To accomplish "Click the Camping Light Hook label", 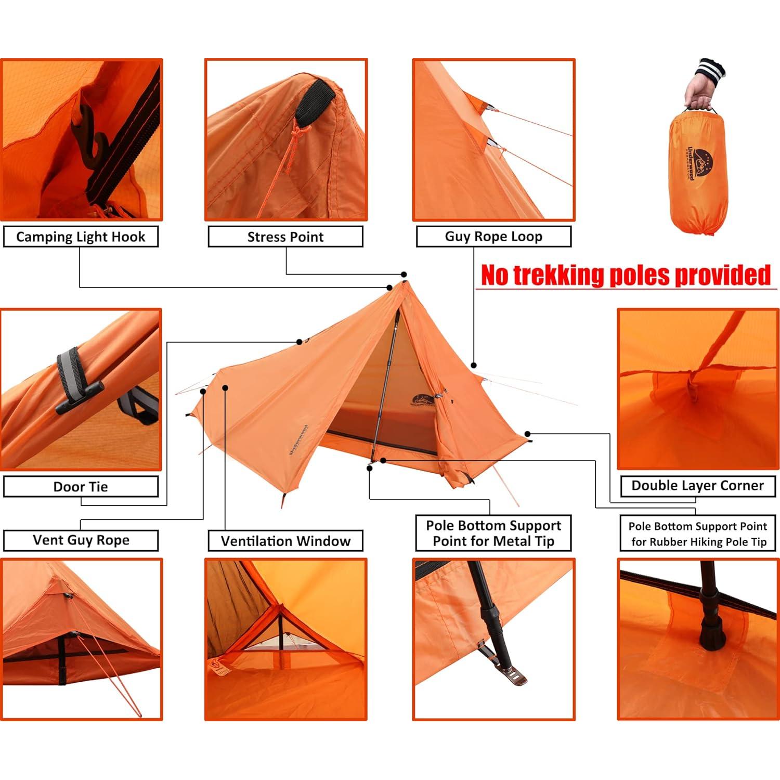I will tap(81, 237).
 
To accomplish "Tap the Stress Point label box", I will tap(285, 237).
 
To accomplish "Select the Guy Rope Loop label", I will tap(493, 237).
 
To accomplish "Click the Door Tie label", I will tap(81, 487).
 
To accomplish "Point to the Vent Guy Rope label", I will tap(81, 540).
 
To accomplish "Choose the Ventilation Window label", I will tap(285, 541).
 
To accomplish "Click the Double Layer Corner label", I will tap(697, 486).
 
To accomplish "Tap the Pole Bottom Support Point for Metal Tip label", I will tap(493, 533).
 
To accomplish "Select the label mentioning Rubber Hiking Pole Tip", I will tap(697, 534).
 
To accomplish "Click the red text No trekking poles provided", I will tap(626, 275).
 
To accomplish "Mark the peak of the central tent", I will tap(403, 283).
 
